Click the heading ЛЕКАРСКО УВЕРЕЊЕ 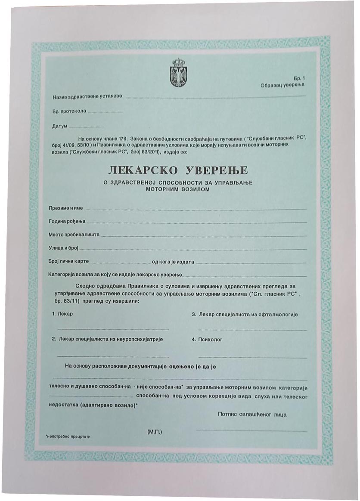click(178, 170)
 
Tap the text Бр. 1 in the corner click(299, 79)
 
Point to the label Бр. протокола click(69, 111)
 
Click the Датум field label click(59, 126)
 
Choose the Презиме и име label click(65, 208)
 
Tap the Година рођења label click(67, 222)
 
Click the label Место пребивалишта click(74, 235)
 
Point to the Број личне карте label click(68, 262)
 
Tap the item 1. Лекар click(62, 314)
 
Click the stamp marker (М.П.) click(155, 431)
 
